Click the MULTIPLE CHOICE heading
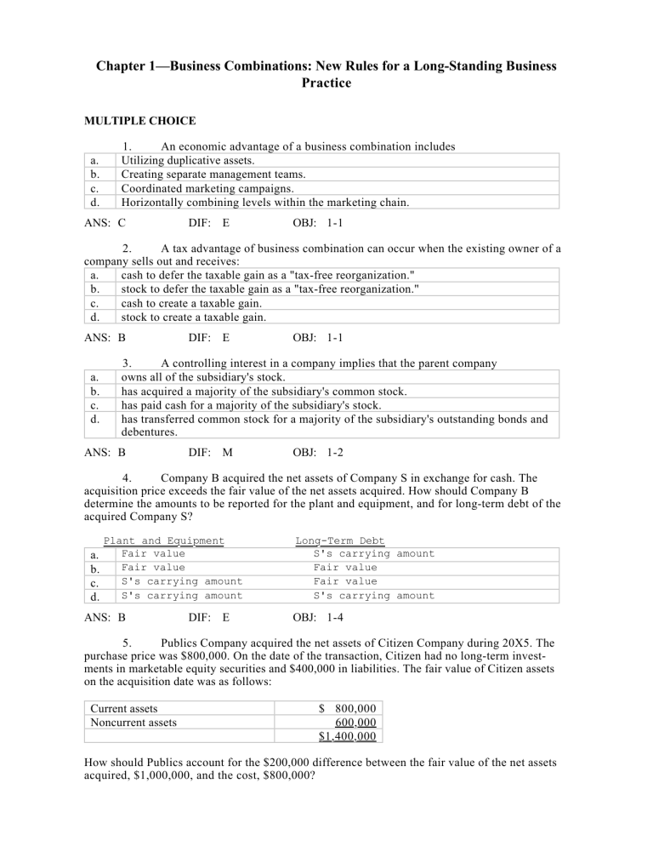click(x=132, y=122)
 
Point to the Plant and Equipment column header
click(x=164, y=540)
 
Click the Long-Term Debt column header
click(x=339, y=540)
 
